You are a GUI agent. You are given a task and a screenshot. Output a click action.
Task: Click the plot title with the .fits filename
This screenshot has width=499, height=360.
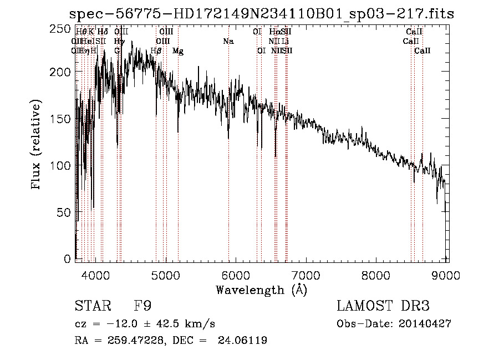click(x=261, y=14)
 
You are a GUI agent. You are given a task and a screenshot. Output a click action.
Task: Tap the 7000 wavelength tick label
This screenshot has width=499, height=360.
click(x=307, y=274)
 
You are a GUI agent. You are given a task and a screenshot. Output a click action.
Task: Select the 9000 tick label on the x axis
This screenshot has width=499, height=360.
click(x=447, y=274)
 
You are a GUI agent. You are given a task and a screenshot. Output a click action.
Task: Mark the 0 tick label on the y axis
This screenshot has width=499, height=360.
click(x=67, y=258)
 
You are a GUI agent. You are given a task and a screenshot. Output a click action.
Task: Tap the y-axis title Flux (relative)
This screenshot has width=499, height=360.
click(x=37, y=145)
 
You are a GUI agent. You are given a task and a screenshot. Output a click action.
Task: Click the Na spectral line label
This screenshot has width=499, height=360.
click(x=228, y=41)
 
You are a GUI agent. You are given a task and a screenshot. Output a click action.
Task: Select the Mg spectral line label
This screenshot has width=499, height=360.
click(x=178, y=51)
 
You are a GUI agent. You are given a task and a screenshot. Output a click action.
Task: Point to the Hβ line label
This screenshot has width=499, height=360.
click(x=156, y=51)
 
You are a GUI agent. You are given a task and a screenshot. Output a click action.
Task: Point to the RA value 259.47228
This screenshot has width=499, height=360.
click(x=130, y=341)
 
